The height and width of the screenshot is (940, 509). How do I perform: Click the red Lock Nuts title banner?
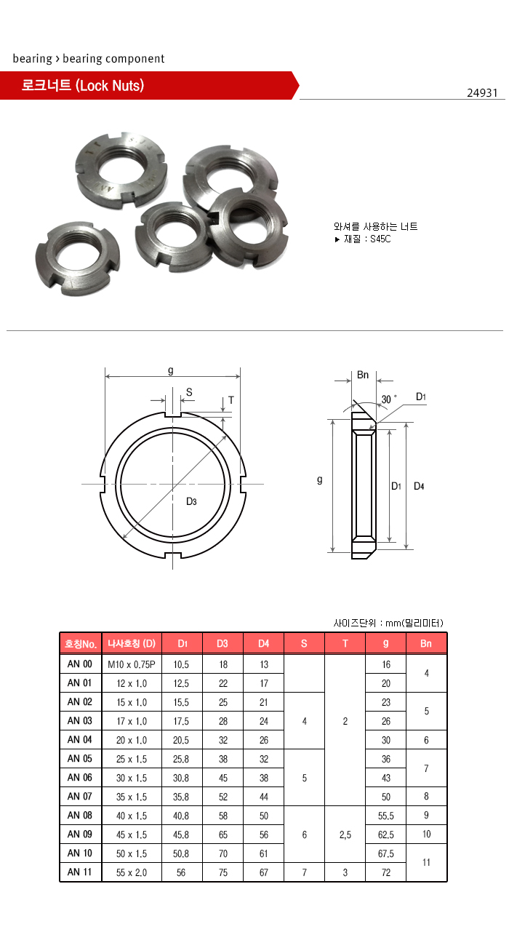coord(145,86)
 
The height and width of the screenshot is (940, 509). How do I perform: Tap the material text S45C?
coord(380,239)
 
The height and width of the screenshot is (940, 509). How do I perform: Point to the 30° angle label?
coord(390,399)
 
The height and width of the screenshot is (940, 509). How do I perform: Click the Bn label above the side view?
coord(363,375)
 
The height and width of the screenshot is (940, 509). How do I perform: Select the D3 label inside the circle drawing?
coord(191,501)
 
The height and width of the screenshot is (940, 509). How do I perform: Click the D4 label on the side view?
coord(419,486)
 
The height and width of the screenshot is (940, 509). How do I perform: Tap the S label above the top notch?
coord(189,392)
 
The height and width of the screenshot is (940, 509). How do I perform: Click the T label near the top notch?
coord(231,400)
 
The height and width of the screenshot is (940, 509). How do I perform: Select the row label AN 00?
coord(79,664)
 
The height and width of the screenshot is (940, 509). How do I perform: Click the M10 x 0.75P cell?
coord(132,664)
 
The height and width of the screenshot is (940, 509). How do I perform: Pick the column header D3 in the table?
coord(223,644)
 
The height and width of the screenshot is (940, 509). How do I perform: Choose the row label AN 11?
coord(79,872)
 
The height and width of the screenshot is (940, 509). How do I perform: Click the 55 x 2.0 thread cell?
coord(132,872)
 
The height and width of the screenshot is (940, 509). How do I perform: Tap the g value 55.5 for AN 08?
coord(386,816)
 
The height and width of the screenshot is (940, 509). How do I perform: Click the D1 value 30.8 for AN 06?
coord(182,778)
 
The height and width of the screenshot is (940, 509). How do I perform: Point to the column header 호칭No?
coord(81,644)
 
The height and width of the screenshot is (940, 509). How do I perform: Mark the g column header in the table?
coord(386,644)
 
